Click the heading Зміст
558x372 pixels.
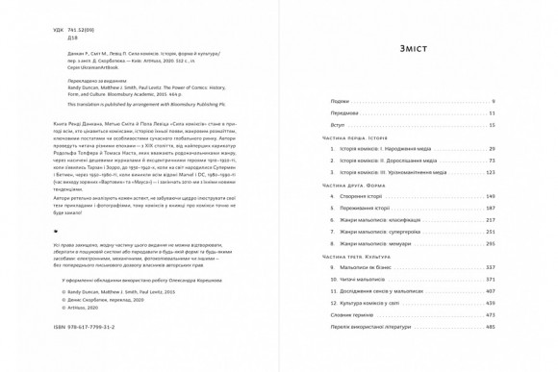412,49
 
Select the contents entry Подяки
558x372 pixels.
340,101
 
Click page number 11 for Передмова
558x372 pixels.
491,113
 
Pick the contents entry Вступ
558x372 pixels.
337,125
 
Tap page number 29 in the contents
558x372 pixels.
491,149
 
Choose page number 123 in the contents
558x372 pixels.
490,173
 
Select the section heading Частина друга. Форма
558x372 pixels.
356,185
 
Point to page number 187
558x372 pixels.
490,208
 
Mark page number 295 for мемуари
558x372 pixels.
490,243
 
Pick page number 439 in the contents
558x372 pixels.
490,303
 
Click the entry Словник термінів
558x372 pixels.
350,314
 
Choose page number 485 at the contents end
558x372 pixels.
490,327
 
